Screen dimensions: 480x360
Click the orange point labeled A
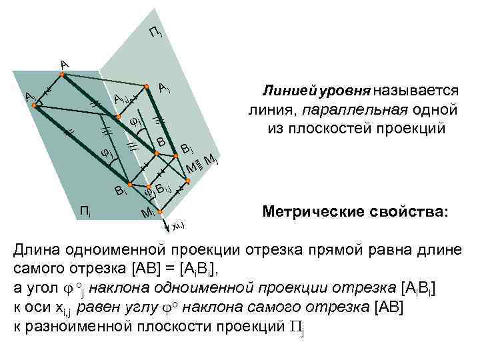tap(61, 75)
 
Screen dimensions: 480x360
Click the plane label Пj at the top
tap(155, 32)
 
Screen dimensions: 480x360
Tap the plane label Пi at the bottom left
tap(85, 212)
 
